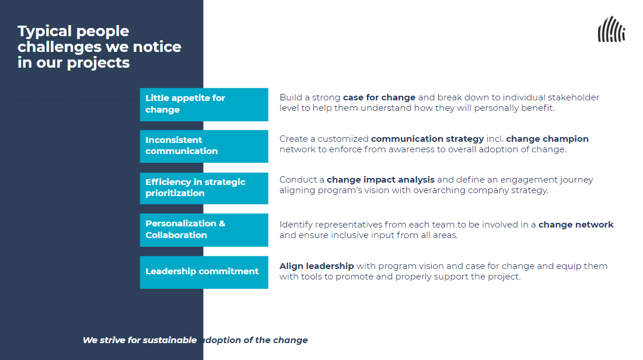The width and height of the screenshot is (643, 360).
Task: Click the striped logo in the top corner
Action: click(x=611, y=30)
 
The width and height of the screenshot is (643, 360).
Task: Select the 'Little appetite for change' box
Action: click(x=204, y=104)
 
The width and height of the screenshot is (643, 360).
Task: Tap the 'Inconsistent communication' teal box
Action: click(x=204, y=146)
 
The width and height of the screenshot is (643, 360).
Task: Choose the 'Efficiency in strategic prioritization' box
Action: click(x=204, y=188)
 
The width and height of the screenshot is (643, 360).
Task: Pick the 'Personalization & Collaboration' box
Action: click(x=204, y=229)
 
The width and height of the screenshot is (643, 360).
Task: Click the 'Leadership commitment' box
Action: click(x=204, y=272)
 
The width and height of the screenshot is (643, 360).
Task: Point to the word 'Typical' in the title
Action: click(x=43, y=32)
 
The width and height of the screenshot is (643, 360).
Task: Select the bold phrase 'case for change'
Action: click(x=379, y=97)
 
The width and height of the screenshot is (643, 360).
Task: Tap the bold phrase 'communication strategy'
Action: click(x=427, y=139)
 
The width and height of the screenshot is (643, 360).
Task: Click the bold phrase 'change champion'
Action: click(x=547, y=139)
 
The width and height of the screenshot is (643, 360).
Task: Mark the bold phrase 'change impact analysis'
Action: click(x=380, y=180)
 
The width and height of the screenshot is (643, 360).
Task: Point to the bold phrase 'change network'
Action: click(x=576, y=225)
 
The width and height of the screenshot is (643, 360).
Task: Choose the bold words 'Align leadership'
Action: click(x=316, y=266)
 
